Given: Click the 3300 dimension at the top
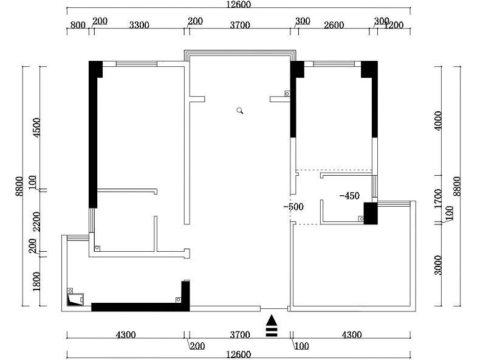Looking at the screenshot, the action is (x=139, y=25).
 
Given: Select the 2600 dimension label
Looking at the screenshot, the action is (x=334, y=25).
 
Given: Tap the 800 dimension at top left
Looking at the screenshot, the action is (x=78, y=25).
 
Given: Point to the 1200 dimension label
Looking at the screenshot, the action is (x=394, y=25).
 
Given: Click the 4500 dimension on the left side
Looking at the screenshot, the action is (x=36, y=128).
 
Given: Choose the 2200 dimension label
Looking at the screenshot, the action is (x=36, y=221).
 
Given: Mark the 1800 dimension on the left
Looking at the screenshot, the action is (x=36, y=281).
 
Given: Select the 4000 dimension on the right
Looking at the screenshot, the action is (x=437, y=121).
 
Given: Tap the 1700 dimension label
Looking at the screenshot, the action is (x=437, y=199).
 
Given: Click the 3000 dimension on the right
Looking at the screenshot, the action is (x=437, y=265).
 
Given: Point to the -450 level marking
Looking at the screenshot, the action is (x=350, y=196).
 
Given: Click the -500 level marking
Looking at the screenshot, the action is (x=293, y=207).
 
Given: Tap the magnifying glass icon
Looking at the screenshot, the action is (x=240, y=111).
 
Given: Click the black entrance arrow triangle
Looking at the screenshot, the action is (x=272, y=320).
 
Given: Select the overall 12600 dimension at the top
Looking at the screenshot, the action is (x=238, y=4).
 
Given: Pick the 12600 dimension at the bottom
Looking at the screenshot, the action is (x=238, y=355).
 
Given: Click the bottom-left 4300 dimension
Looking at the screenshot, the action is (x=126, y=334).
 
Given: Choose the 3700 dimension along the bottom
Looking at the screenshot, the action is (x=240, y=334).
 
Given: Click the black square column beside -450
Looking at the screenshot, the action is (x=371, y=213).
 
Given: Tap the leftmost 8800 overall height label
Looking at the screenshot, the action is (x=19, y=186).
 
